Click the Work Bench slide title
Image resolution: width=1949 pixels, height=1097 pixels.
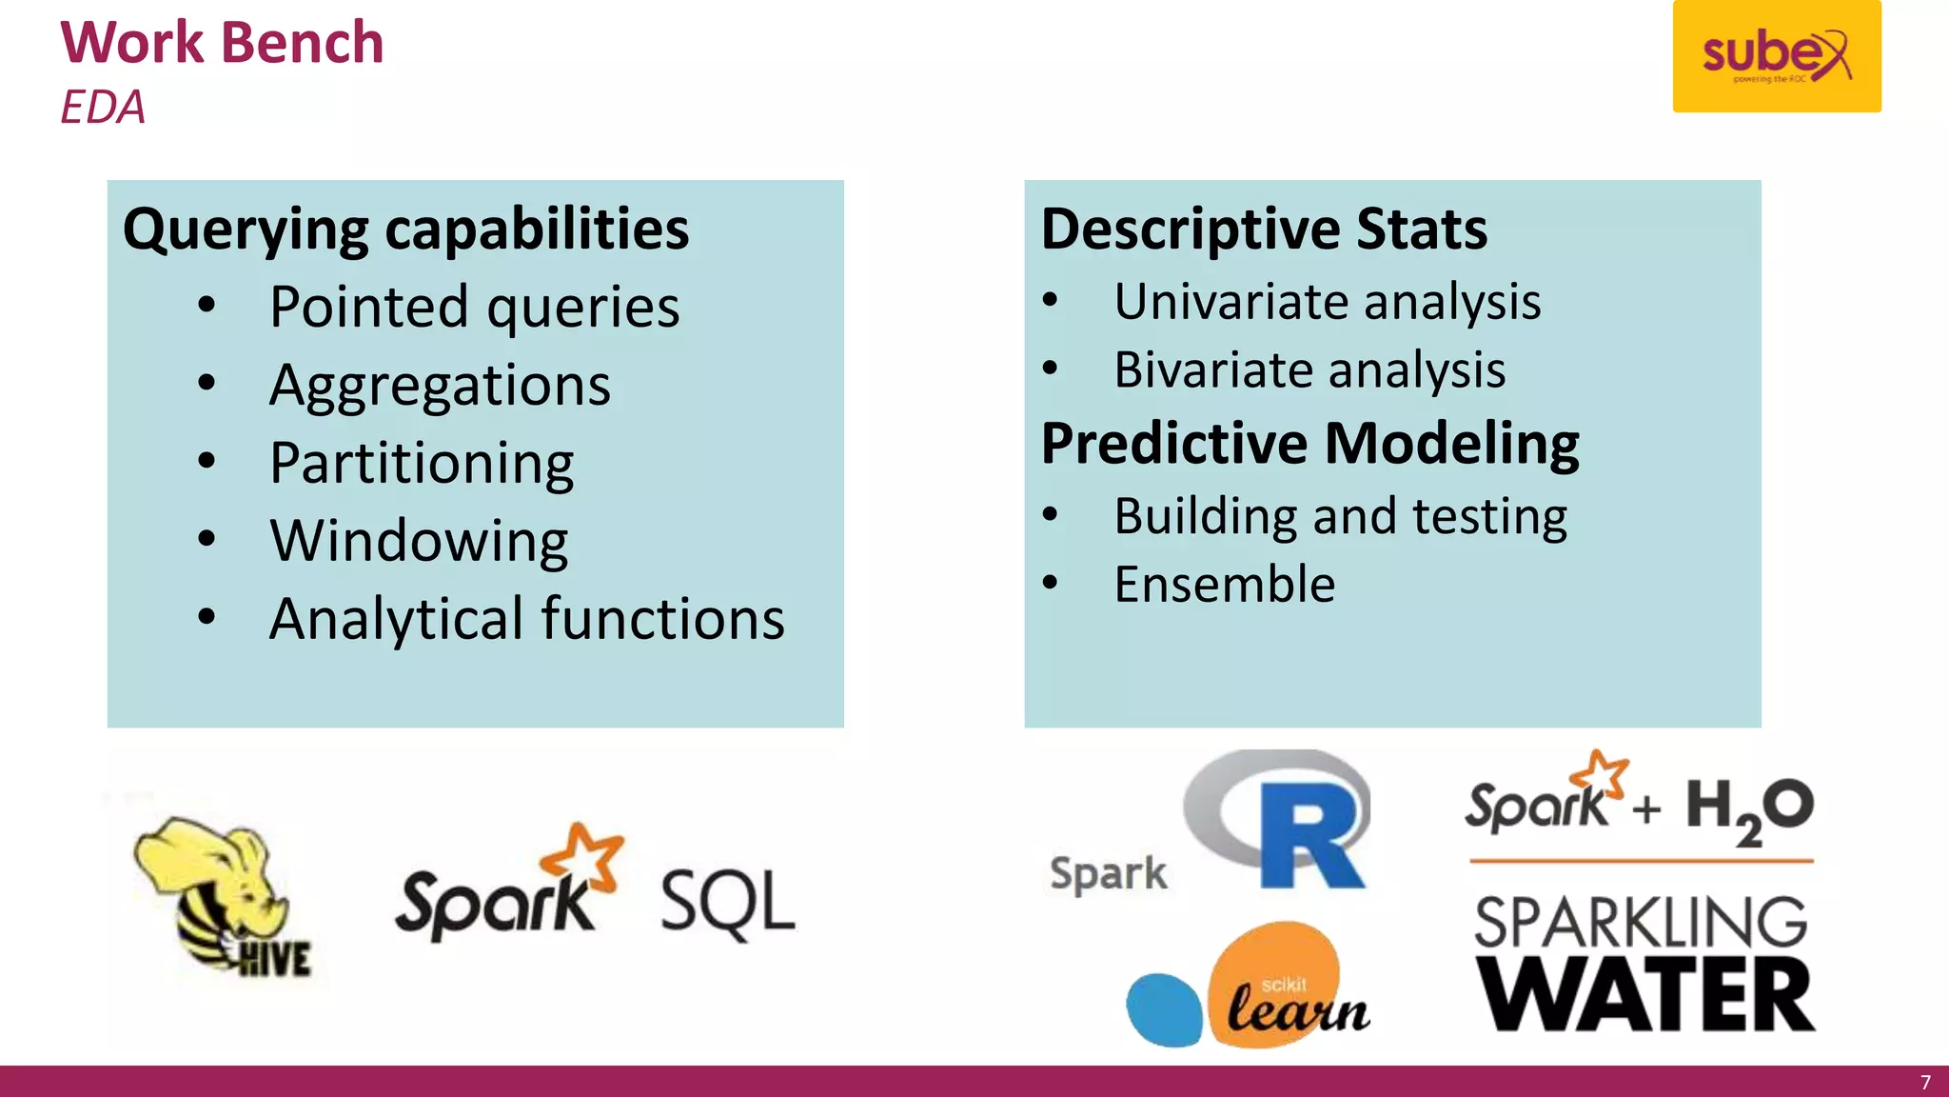tap(222, 43)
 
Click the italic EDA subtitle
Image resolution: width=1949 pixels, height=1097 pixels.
tap(103, 107)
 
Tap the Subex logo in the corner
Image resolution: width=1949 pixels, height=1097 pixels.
tap(1776, 56)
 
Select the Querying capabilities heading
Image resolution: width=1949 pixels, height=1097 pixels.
tap(405, 229)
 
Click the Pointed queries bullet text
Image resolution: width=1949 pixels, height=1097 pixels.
tap(474, 308)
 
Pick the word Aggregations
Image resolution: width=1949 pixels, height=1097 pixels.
tap(440, 386)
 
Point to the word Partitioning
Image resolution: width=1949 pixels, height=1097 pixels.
tap(422, 464)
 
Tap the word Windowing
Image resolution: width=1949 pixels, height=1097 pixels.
tap(419, 541)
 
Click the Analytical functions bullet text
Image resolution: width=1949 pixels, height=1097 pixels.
tap(526, 619)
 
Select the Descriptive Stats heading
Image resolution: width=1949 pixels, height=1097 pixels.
tap(1263, 229)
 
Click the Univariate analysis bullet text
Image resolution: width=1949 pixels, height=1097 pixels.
tap(1327, 302)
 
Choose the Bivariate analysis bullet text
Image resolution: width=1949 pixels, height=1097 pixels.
tap(1309, 369)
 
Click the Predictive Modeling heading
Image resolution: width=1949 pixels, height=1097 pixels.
tap(1309, 443)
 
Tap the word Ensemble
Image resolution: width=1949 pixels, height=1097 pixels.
tap(1224, 584)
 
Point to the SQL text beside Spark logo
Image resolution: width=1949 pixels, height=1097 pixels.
tap(727, 902)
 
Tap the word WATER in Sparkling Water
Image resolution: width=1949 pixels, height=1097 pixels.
tap(1644, 996)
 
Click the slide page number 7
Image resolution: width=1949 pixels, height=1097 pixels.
tap(1925, 1083)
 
